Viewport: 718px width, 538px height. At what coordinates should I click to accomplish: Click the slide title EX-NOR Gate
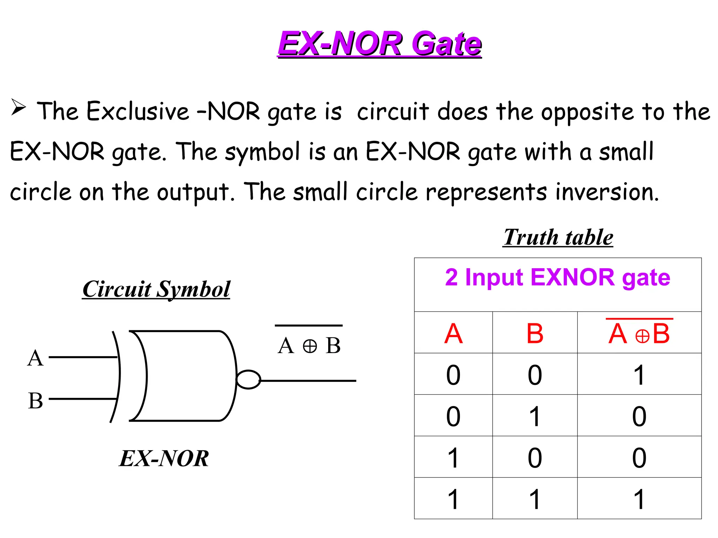(x=380, y=43)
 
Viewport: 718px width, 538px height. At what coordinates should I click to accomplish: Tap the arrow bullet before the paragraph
(x=19, y=107)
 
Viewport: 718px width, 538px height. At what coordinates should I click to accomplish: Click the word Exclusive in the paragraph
(x=138, y=111)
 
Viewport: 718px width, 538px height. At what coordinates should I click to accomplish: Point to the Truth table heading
(x=558, y=237)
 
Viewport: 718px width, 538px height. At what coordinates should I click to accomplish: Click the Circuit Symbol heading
(x=156, y=289)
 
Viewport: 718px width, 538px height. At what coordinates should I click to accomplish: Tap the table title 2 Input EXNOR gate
(x=557, y=277)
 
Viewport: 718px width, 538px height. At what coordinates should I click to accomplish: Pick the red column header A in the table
(x=453, y=333)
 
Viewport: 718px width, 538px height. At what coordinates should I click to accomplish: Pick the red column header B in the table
(x=535, y=333)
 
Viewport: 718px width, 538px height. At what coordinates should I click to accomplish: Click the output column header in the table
(x=639, y=333)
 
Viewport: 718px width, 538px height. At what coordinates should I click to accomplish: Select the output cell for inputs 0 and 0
(x=639, y=375)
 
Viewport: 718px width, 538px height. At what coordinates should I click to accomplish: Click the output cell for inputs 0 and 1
(x=639, y=416)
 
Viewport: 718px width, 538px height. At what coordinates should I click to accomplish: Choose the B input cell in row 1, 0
(x=535, y=457)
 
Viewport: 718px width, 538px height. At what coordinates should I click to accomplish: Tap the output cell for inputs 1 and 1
(x=639, y=499)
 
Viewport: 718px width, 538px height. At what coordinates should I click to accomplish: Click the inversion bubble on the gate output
(x=248, y=380)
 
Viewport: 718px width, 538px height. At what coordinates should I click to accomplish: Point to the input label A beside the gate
(x=35, y=358)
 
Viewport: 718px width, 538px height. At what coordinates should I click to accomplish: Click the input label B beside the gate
(x=35, y=401)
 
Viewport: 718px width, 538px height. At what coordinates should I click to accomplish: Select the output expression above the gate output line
(x=309, y=345)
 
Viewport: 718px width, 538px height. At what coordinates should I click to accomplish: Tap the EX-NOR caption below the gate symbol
(x=164, y=458)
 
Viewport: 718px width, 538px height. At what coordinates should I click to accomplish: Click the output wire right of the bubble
(x=309, y=380)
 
